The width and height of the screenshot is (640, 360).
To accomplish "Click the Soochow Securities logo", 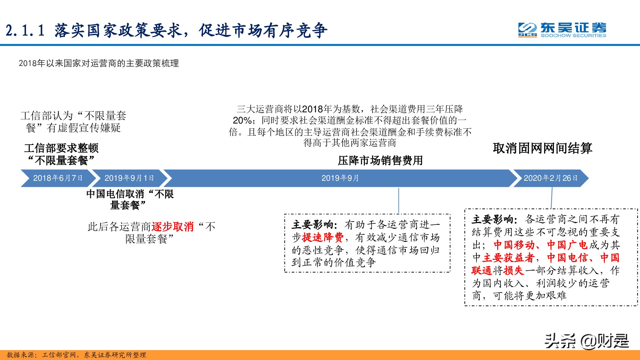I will pos(562,30).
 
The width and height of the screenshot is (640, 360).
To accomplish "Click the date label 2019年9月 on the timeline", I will pos(340,178).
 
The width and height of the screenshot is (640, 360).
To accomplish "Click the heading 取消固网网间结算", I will pos(542,148).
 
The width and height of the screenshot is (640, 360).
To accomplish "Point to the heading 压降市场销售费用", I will pos(380,161).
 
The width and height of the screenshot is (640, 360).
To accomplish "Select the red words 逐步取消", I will pos(172,227).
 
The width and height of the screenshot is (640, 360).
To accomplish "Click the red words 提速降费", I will pos(323,237).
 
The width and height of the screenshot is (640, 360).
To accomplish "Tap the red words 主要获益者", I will pos(508,258).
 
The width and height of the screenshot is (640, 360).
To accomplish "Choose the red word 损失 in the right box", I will pos(514,271).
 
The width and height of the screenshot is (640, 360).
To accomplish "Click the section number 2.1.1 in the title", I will pos(25,31).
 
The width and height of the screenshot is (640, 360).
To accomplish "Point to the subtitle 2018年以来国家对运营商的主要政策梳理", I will pos(99,63).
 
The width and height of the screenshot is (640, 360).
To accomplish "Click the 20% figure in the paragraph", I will pos(242,121).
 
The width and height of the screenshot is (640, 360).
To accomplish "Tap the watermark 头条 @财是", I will pos(587,341).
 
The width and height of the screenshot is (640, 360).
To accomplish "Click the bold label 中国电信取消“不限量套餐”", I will pos(130,199).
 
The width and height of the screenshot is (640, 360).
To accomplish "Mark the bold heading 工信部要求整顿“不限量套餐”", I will pos(61,154).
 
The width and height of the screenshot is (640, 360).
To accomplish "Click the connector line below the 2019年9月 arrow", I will pos(399,200).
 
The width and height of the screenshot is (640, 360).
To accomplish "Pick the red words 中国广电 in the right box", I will pos(567,245).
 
